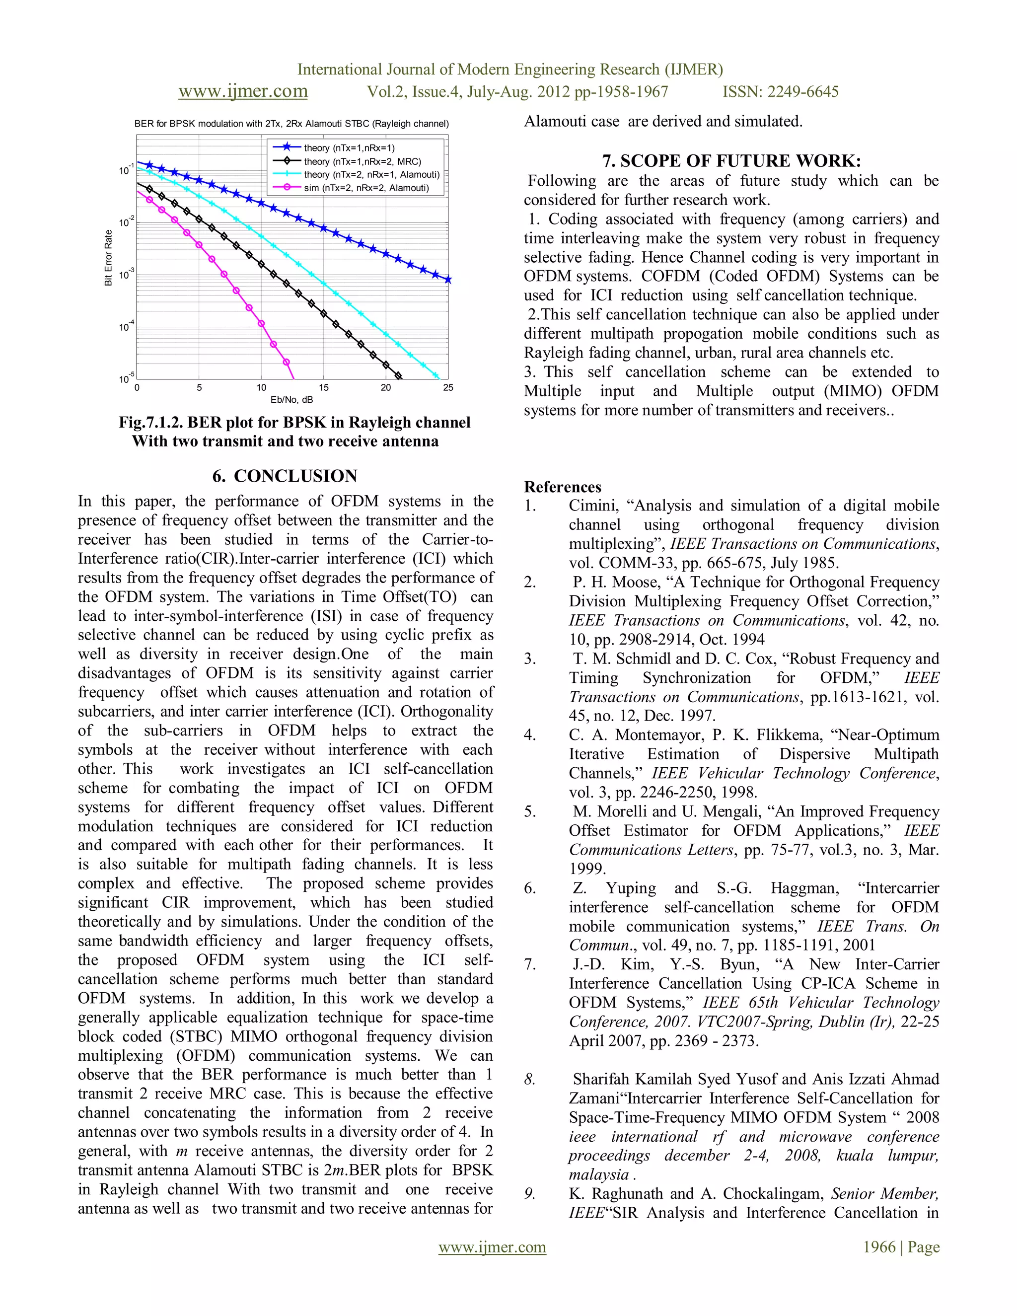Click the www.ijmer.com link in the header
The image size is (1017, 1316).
243,91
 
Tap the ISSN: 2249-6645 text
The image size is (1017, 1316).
780,91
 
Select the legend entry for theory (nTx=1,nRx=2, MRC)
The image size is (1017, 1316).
362,161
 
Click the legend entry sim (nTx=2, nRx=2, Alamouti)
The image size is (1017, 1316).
365,188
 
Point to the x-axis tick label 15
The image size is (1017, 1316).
324,387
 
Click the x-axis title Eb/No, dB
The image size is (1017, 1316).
291,399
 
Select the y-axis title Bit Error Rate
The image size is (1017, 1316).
108,257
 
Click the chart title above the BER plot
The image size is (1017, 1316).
291,124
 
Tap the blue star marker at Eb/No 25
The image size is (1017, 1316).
447,280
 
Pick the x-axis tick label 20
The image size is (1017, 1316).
385,387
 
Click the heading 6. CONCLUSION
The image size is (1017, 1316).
285,476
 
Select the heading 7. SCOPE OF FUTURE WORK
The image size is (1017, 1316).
731,161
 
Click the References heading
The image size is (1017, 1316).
562,487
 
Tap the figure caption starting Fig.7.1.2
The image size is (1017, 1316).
294,423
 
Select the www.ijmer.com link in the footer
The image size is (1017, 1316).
492,1247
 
